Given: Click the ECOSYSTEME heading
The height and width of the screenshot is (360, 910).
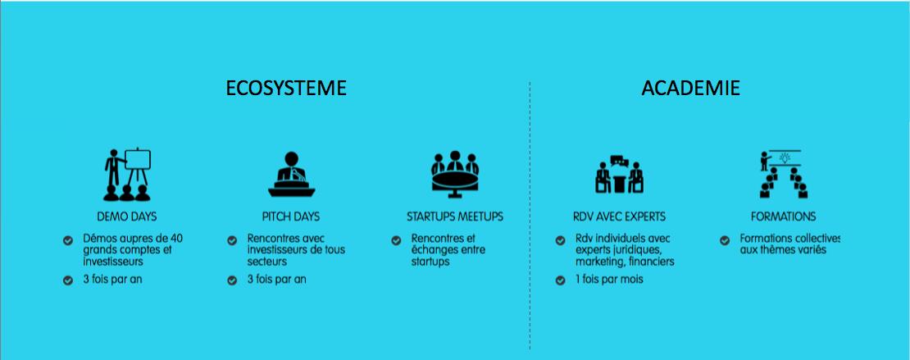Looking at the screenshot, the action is pos(286,88).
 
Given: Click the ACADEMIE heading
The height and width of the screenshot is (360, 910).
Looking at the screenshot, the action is pos(690,88).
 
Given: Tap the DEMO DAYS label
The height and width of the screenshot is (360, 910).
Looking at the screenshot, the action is pos(126,216).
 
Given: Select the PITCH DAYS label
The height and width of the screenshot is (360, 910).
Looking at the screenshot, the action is pos(291,216).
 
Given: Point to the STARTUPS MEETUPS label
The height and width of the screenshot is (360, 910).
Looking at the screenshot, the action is pos(455,216).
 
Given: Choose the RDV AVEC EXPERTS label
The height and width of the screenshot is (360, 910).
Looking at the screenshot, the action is pos(619,216).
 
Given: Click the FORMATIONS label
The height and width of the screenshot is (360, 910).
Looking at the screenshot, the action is pos(784,216).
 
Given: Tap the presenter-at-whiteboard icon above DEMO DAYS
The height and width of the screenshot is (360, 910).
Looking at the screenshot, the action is pos(127,174).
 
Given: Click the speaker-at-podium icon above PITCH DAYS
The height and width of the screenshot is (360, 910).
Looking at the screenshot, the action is pos(291,174).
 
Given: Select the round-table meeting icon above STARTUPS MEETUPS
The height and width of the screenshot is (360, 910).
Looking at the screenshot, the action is pos(455,172).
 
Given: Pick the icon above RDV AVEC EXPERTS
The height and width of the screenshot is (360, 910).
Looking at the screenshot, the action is pos(619,174).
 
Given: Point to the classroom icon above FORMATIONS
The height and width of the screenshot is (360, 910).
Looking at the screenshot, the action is pos(784,174).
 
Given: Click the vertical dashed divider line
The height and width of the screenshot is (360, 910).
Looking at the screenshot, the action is pos(530,216).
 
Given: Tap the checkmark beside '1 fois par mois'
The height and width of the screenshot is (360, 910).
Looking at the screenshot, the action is pos(560,280).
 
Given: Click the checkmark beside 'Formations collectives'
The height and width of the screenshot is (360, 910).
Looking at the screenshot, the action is pos(724,239).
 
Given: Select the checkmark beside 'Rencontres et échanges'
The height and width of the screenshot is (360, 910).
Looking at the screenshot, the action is pos(396,239).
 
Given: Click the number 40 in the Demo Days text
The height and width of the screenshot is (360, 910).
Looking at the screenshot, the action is pos(176,238).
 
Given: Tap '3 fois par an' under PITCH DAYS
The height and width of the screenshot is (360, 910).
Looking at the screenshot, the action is pos(277,280).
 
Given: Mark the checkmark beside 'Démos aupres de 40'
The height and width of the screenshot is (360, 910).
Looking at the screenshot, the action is pos(68,239).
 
